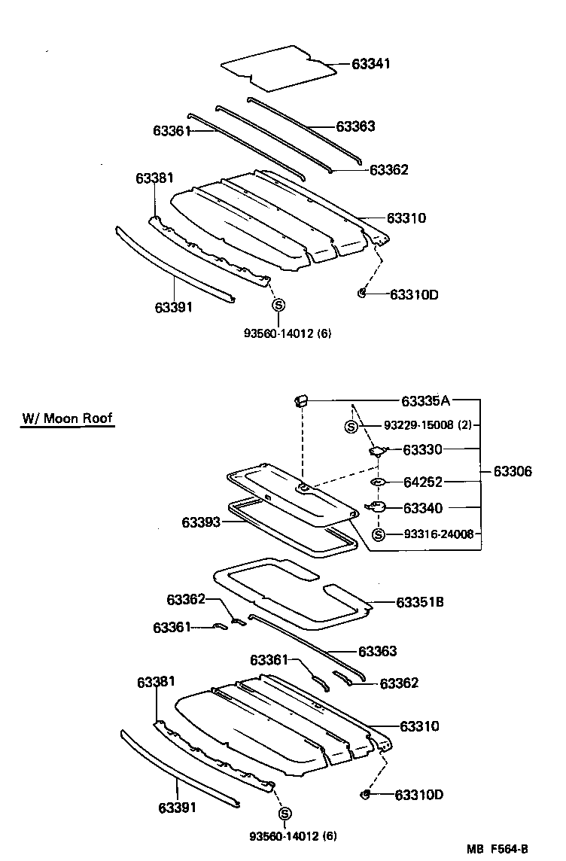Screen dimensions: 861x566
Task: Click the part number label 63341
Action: pyautogui.click(x=371, y=64)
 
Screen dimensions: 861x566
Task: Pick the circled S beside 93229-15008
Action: pyautogui.click(x=351, y=426)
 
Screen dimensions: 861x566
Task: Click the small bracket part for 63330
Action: pyautogui.click(x=378, y=451)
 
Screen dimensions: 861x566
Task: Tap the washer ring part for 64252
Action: pyautogui.click(x=379, y=482)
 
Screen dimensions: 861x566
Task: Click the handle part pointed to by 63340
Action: pyautogui.click(x=376, y=507)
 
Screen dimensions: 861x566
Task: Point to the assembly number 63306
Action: pyautogui.click(x=513, y=472)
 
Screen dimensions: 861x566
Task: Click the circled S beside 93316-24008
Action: pyautogui.click(x=379, y=534)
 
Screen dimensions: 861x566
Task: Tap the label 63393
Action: pyautogui.click(x=200, y=522)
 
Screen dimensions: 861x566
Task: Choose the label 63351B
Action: pyautogui.click(x=420, y=602)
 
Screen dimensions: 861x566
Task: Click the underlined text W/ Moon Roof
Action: pyautogui.click(x=67, y=418)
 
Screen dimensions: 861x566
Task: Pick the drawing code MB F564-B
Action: pyautogui.click(x=513, y=850)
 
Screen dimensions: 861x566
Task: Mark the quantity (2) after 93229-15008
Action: pyautogui.click(x=464, y=425)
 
